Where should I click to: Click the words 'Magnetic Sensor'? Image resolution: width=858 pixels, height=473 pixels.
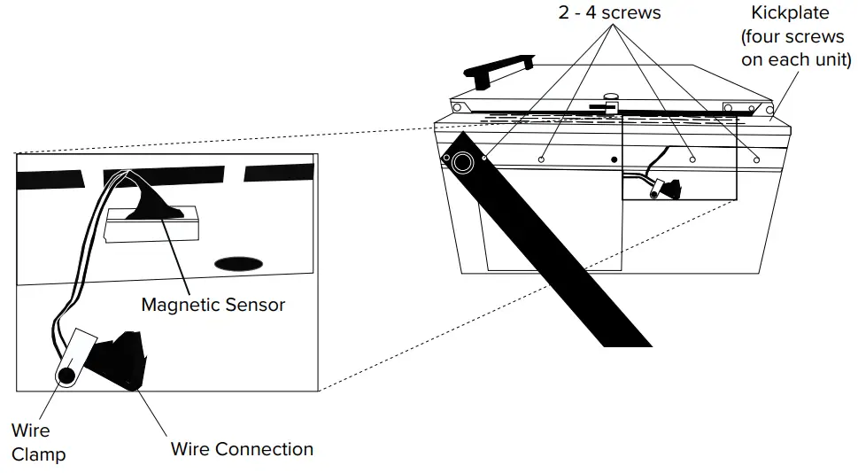click(213, 305)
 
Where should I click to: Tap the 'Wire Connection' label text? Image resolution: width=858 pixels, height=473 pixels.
click(242, 449)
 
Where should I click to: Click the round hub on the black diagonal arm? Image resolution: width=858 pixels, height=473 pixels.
click(461, 163)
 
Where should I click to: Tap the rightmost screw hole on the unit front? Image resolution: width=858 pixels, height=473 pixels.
click(757, 159)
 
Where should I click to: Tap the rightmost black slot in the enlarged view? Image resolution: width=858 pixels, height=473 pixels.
click(278, 172)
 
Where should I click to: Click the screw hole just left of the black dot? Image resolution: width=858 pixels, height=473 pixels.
click(541, 159)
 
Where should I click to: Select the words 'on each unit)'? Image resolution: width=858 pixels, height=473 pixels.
click(795, 60)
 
